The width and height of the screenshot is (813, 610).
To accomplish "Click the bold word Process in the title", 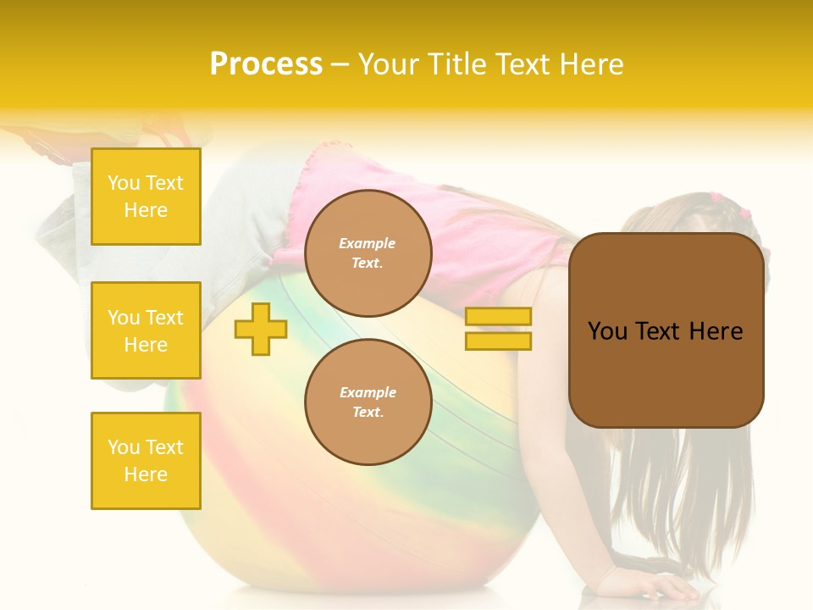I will [266, 64].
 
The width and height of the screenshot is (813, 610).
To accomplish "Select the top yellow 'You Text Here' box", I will [146, 197].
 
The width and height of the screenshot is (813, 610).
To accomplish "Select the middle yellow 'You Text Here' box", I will [146, 330].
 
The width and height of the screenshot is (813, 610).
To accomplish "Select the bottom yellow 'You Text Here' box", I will [146, 461].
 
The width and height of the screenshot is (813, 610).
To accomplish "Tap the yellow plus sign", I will [261, 329].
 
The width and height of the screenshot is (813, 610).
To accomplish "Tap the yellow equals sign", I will [498, 329].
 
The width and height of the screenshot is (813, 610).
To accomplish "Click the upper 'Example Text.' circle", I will [368, 253].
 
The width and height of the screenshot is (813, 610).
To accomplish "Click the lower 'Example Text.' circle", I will [368, 402].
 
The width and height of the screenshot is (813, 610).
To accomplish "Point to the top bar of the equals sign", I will [498, 317].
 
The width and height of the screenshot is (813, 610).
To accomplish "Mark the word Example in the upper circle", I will [368, 244].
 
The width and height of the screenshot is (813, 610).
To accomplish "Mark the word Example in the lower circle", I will [368, 393].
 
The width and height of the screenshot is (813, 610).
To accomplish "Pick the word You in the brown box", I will [607, 331].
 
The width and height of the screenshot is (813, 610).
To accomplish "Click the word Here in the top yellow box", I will [146, 210].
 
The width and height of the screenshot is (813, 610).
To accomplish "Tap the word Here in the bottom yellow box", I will [146, 474].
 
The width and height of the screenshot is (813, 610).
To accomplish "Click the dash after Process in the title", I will [340, 65].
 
